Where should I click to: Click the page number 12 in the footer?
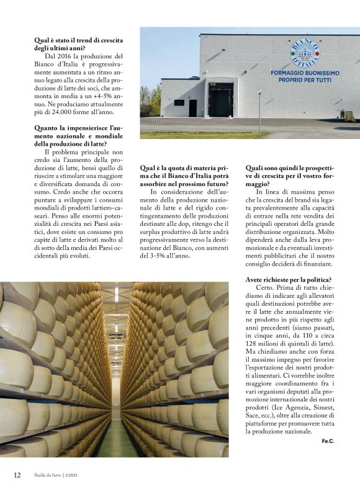pos(17,475)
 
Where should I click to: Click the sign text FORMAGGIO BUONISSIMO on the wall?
pos(305,73)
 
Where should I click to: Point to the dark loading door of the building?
pos(221,99)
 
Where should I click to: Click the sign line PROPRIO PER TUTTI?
pos(305,81)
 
